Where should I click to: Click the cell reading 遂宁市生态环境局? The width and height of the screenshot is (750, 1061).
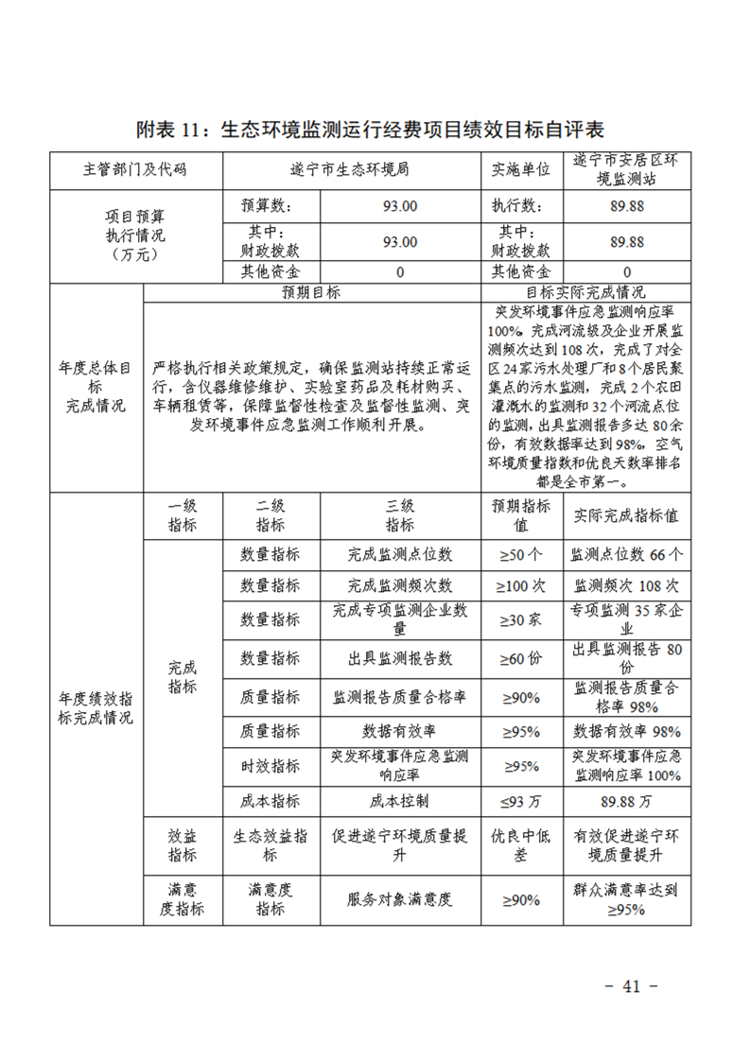pos(350,170)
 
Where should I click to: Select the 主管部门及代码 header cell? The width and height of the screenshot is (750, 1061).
pos(134,170)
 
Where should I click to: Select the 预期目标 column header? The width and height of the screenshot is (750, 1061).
pos(311,292)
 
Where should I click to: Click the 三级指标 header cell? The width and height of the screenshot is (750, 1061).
pos(400,516)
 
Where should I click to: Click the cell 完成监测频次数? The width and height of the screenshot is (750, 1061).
pos(400,585)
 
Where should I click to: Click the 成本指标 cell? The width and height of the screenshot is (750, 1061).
pos(270,801)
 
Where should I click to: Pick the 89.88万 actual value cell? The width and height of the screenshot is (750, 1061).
pos(627,801)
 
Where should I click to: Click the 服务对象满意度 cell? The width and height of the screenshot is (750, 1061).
pos(400,899)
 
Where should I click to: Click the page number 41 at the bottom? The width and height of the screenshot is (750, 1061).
pos(631,986)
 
